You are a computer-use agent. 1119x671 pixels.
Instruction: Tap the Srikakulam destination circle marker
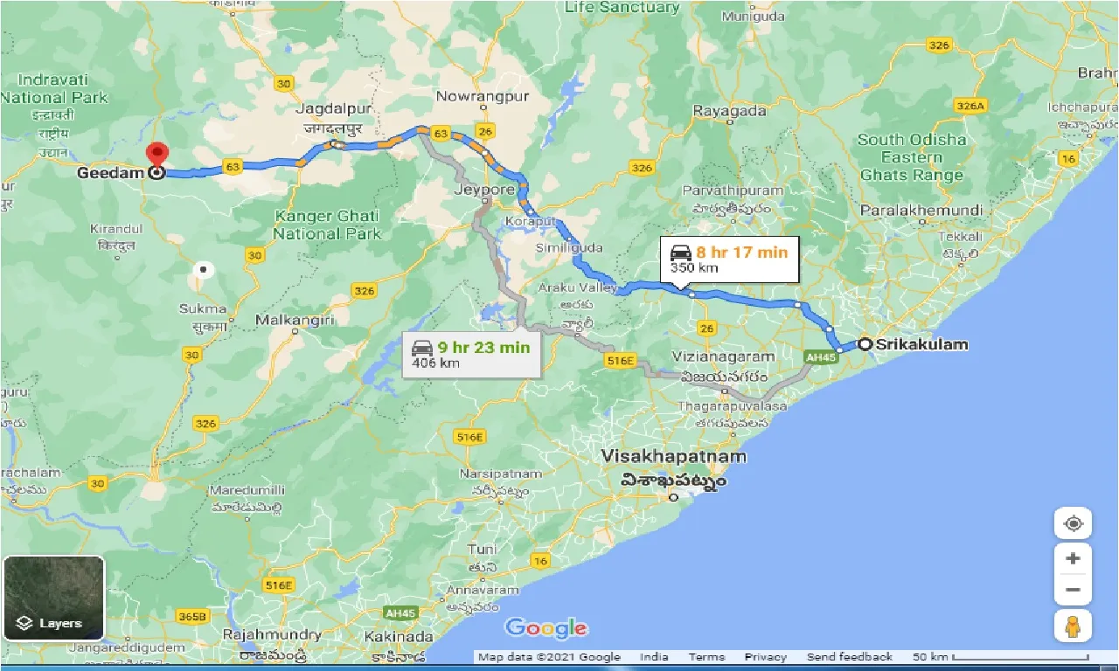(865, 344)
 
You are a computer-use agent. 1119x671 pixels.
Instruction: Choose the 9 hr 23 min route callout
(471, 355)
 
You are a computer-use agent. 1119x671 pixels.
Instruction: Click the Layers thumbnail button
(53, 598)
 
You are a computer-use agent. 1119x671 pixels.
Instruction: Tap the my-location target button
(1074, 524)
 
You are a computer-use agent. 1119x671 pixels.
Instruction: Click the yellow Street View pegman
(1074, 626)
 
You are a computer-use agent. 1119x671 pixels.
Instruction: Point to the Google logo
(546, 627)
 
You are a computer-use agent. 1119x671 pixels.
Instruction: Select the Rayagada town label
(729, 111)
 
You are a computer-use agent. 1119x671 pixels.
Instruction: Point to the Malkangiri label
(295, 321)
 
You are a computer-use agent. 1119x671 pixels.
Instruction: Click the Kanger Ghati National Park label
(327, 225)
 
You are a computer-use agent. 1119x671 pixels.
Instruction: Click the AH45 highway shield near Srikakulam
(821, 356)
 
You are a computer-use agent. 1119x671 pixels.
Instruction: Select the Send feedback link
(849, 657)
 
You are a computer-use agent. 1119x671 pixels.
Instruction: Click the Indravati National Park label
(54, 88)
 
